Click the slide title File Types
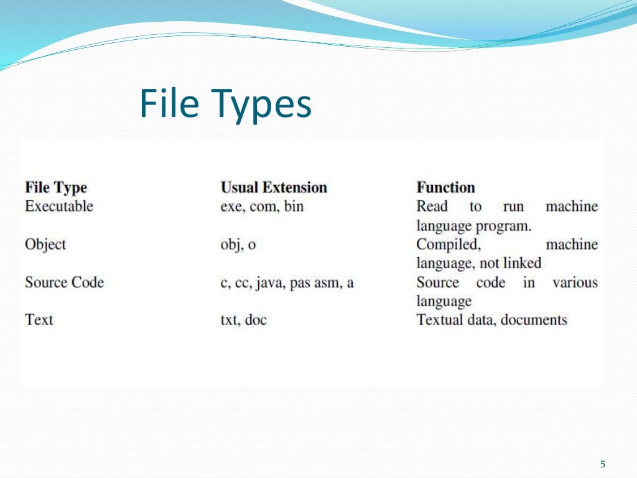pyautogui.click(x=225, y=104)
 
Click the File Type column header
pyautogui.click(x=56, y=187)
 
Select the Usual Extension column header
pyautogui.click(x=274, y=187)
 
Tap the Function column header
pyautogui.click(x=445, y=187)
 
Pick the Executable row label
pyautogui.click(x=59, y=206)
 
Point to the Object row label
pyautogui.click(x=45, y=245)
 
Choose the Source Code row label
pyautogui.click(x=64, y=283)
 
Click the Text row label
pyautogui.click(x=39, y=320)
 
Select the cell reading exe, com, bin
pyautogui.click(x=262, y=206)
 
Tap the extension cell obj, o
pyautogui.click(x=238, y=245)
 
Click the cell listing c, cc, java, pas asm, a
pyautogui.click(x=287, y=283)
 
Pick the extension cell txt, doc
pyautogui.click(x=243, y=320)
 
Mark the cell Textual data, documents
pyautogui.click(x=491, y=320)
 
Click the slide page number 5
pyautogui.click(x=602, y=464)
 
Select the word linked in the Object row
pyautogui.click(x=521, y=263)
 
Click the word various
pyautogui.click(x=575, y=283)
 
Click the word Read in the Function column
pyautogui.click(x=432, y=206)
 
